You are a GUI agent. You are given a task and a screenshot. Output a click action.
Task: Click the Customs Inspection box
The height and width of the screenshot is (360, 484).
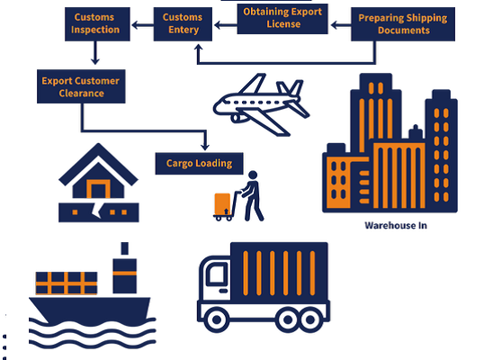pyautogui.click(x=97, y=24)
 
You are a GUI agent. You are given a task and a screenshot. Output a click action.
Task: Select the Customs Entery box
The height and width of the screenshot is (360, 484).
pyautogui.click(x=183, y=24)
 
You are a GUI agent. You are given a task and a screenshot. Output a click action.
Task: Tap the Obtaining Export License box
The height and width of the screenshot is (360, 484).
pyautogui.click(x=282, y=19)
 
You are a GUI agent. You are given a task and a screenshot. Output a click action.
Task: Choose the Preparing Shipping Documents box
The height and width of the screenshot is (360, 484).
pyautogui.click(x=403, y=24)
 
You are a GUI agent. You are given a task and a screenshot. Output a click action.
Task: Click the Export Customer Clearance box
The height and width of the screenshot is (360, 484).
pyautogui.click(x=81, y=86)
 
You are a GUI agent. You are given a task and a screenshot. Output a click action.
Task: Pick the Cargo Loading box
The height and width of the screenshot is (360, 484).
pyautogui.click(x=199, y=164)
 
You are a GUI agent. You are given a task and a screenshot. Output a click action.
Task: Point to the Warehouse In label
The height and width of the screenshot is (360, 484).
pyautogui.click(x=396, y=226)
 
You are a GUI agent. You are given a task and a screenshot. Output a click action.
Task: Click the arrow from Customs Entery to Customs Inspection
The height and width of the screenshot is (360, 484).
pyautogui.click(x=143, y=25)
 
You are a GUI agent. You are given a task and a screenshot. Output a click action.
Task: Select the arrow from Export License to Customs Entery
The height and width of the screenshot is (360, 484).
pyautogui.click(x=226, y=25)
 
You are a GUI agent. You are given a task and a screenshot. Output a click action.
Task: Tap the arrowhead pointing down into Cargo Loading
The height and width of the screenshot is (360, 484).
pyautogui.click(x=205, y=147)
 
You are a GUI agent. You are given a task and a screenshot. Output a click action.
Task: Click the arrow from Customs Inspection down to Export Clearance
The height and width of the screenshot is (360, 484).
pyautogui.click(x=95, y=53)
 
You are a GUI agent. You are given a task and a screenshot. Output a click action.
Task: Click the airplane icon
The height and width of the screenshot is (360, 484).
pyautogui.click(x=261, y=104)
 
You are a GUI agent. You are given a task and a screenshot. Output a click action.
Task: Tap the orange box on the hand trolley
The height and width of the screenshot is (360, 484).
pyautogui.click(x=222, y=204)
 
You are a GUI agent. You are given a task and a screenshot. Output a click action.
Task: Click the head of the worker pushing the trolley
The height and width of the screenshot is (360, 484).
pyautogui.click(x=253, y=175)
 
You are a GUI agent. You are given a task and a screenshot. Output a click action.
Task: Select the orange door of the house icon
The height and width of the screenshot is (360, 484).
pyautogui.click(x=98, y=189)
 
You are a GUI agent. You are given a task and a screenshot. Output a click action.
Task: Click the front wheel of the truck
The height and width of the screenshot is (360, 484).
pyautogui.click(x=217, y=319)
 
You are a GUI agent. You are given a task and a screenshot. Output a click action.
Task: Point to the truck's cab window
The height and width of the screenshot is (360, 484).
pyautogui.click(x=218, y=273)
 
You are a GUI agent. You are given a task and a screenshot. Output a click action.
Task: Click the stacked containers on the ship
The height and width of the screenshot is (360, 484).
pyautogui.click(x=67, y=283)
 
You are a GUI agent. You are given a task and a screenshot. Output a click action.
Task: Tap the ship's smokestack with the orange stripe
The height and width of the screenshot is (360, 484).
pyautogui.click(x=125, y=268)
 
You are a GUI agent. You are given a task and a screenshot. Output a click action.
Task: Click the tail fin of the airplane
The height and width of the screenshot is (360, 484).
pyautogui.click(x=291, y=88)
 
